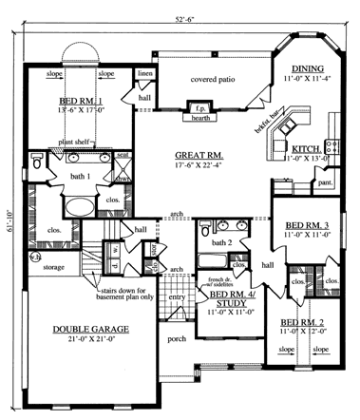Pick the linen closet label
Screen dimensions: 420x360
144,72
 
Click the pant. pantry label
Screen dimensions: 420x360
324,181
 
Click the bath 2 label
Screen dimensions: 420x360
221,244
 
